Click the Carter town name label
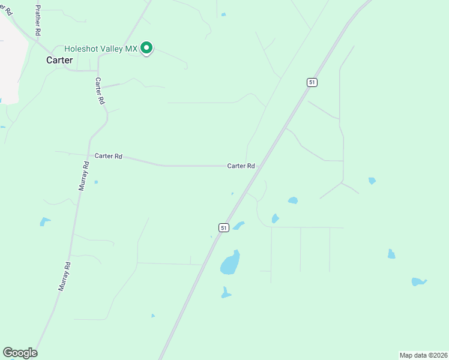click(60, 60)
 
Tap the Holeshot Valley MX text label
click(101, 48)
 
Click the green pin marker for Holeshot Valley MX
click(146, 48)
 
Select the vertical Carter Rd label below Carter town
click(99, 91)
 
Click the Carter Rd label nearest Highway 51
click(241, 166)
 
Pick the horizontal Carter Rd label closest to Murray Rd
click(108, 156)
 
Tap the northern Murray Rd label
click(83, 176)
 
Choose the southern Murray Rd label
click(64, 276)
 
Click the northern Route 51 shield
click(312, 82)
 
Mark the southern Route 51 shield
click(223, 227)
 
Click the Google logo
click(20, 353)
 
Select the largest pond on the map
click(230, 263)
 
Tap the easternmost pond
click(418, 281)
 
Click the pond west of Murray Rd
click(44, 221)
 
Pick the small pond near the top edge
click(223, 14)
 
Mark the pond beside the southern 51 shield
click(239, 226)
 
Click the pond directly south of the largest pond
click(225, 293)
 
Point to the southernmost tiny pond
click(153, 316)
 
